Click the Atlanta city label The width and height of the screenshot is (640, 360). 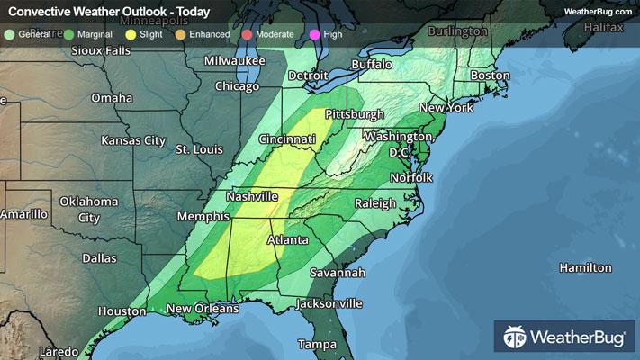pyautogui.click(x=289, y=240)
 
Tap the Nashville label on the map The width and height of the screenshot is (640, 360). pyautogui.click(x=252, y=196)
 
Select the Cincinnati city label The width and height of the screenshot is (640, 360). pyautogui.click(x=286, y=140)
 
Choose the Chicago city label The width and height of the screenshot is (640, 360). pyautogui.click(x=238, y=86)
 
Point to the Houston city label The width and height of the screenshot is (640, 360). pyautogui.click(x=122, y=311)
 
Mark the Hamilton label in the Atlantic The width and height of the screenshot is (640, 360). pyautogui.click(x=585, y=268)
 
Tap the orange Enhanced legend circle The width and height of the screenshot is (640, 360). pyautogui.click(x=179, y=33)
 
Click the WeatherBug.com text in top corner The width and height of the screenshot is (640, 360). pyautogui.click(x=598, y=12)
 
